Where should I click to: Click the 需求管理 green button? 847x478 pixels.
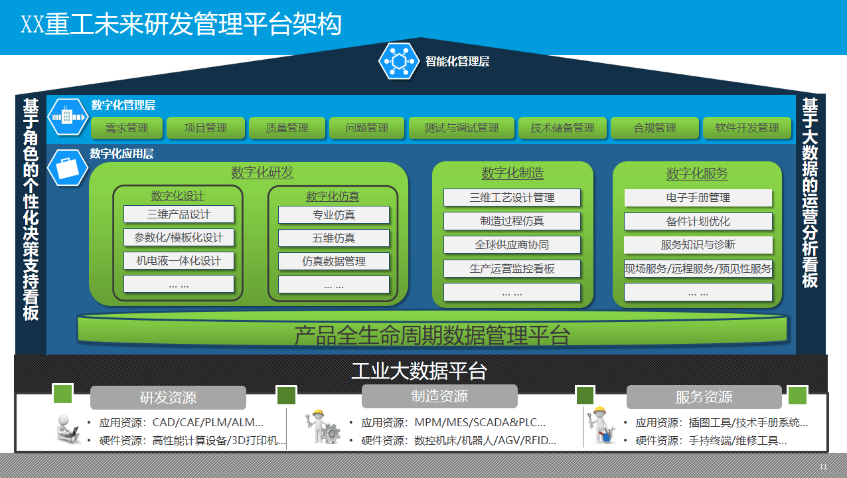[127, 128]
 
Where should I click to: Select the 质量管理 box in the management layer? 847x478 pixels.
[287, 128]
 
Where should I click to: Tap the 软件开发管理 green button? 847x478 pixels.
[747, 128]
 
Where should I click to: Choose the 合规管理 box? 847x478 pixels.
[654, 128]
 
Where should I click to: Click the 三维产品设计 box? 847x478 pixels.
[179, 214]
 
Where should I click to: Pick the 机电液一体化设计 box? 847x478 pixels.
[179, 261]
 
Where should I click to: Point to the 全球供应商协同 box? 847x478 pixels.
[512, 245]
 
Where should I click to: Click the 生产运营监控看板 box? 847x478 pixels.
[512, 269]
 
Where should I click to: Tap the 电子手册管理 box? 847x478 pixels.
[698, 198]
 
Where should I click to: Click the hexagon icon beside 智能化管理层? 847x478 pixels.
[399, 61]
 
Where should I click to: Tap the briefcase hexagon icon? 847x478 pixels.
[68, 167]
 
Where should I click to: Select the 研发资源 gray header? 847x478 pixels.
[168, 398]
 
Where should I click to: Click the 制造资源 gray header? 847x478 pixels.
[439, 396]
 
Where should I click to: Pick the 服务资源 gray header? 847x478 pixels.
[704, 397]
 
